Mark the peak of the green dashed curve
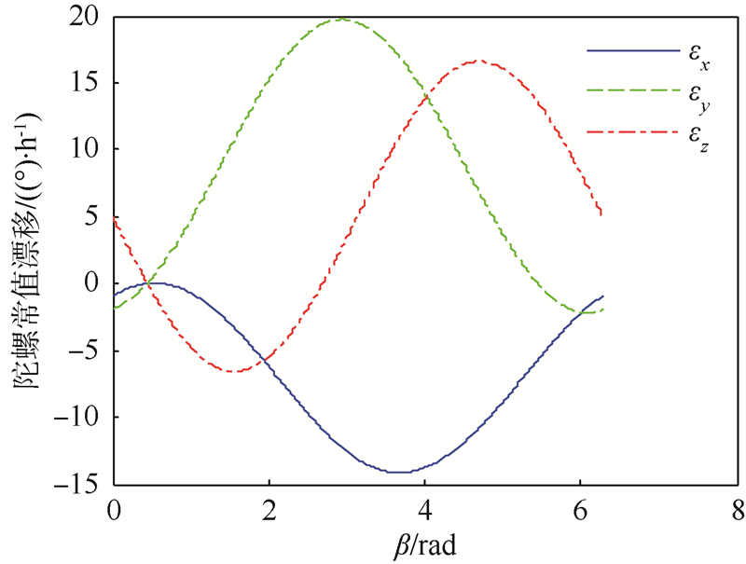tap(342, 18)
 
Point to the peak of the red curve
tap(477, 61)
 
